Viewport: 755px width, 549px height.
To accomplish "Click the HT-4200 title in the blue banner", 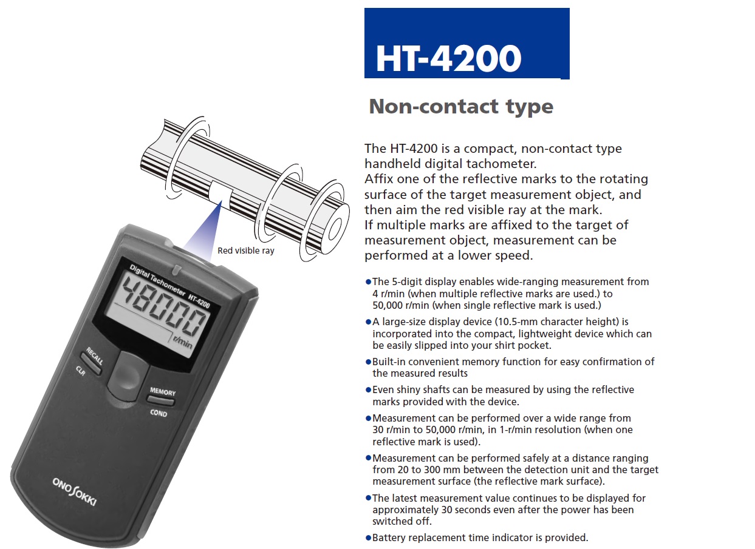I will [448, 59].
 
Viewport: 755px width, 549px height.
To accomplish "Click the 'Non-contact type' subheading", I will [461, 107].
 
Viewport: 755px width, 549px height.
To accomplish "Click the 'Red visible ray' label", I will [246, 251].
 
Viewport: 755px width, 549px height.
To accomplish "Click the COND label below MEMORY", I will [159, 413].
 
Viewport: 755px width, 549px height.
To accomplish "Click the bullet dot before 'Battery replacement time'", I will [368, 537].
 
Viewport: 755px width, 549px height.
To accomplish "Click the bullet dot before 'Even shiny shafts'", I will [368, 390].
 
